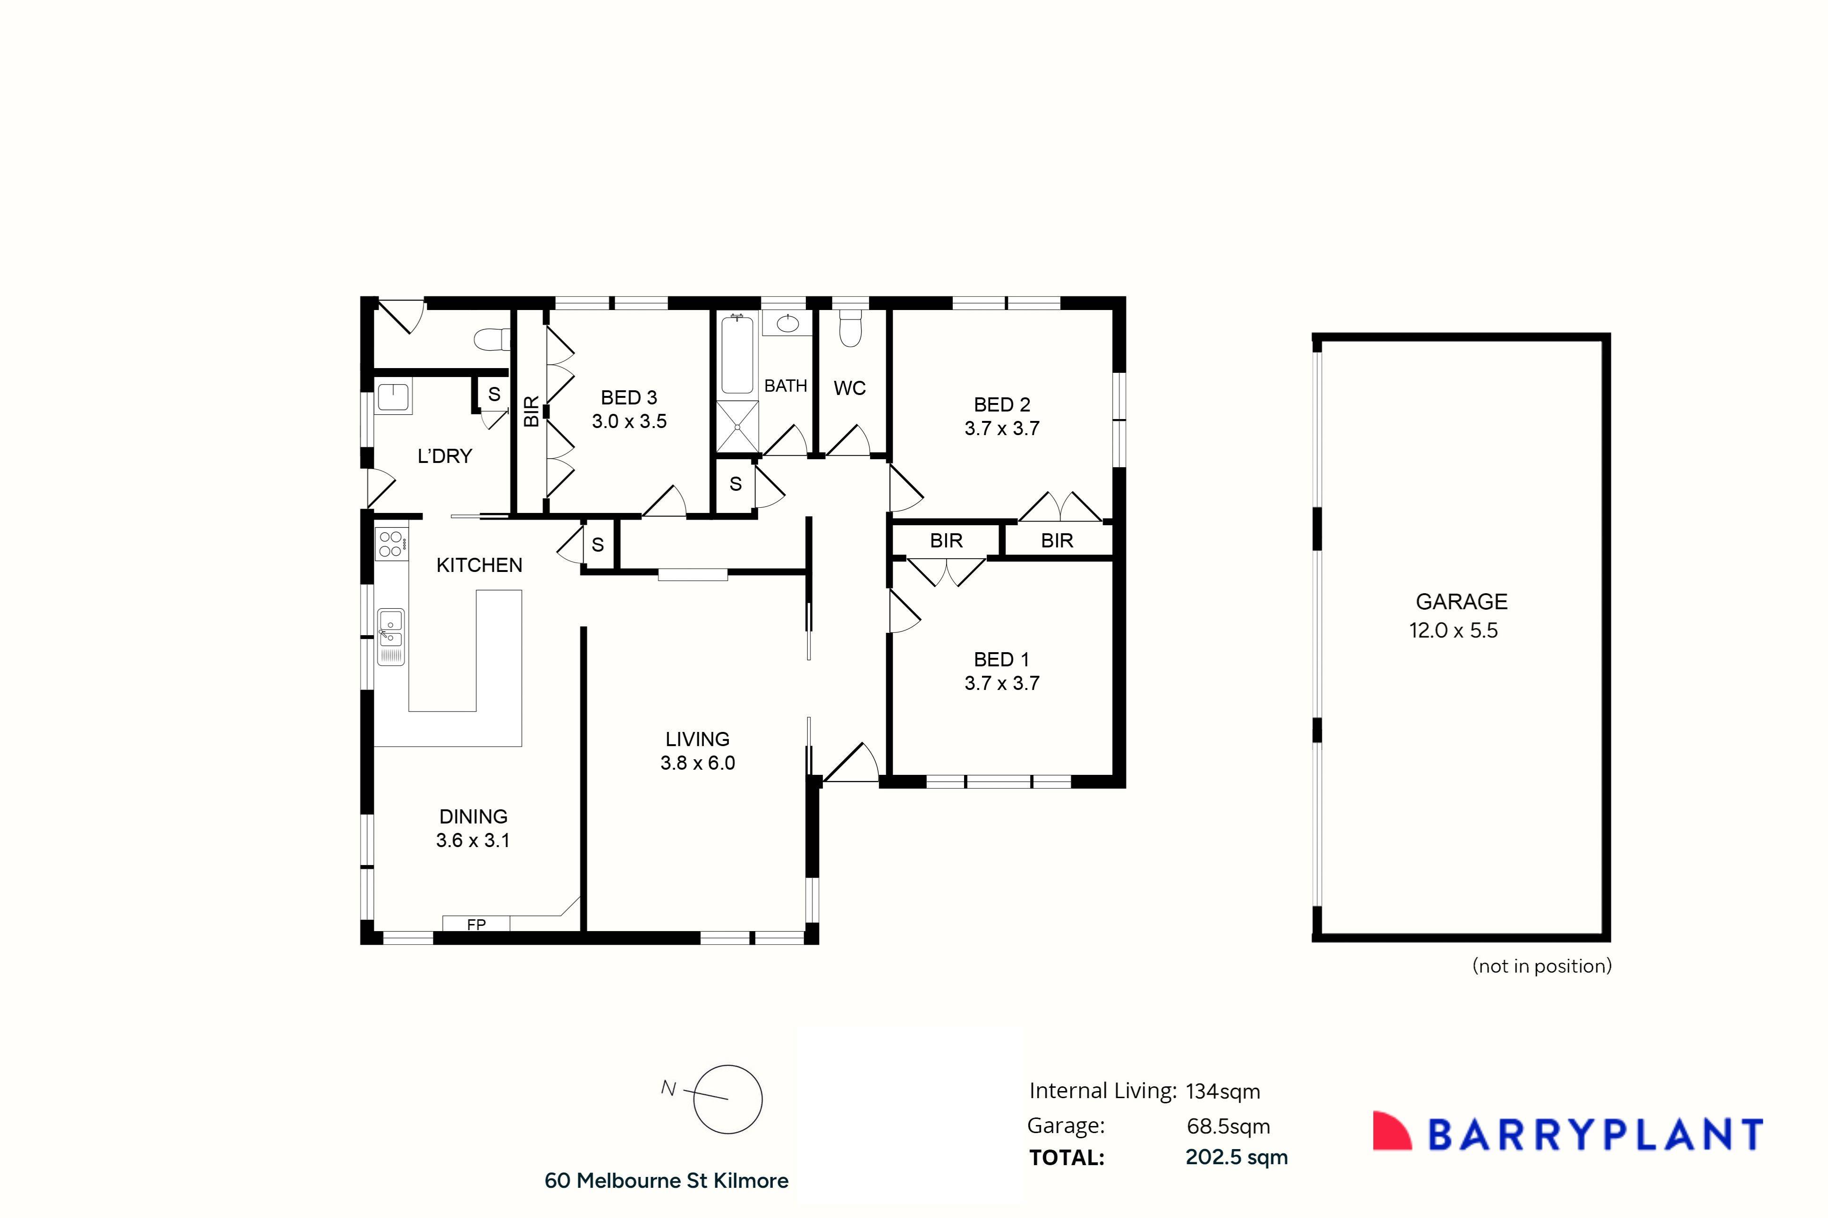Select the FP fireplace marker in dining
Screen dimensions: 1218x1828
(x=476, y=924)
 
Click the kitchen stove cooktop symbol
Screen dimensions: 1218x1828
(x=391, y=544)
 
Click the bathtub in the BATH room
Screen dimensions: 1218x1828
(x=736, y=354)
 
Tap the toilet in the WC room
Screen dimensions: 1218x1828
(x=851, y=330)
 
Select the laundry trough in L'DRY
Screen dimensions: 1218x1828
(x=393, y=398)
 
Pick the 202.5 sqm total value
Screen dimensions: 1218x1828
(x=1236, y=1158)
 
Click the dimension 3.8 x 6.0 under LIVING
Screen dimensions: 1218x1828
(x=697, y=763)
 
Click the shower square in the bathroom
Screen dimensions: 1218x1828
(x=736, y=427)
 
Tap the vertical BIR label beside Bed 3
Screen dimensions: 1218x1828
(x=531, y=411)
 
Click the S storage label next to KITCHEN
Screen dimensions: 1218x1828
(x=597, y=545)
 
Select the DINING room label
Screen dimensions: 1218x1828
(x=473, y=816)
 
